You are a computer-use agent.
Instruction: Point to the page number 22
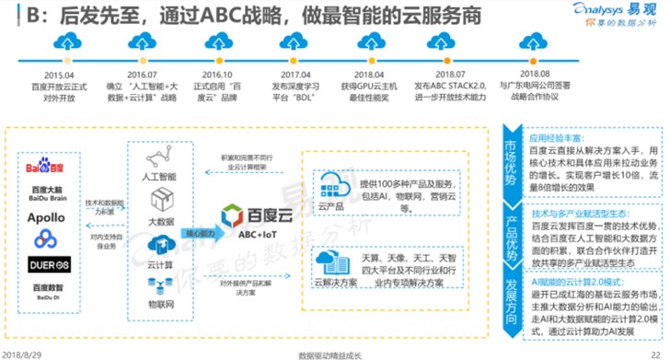654,353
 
